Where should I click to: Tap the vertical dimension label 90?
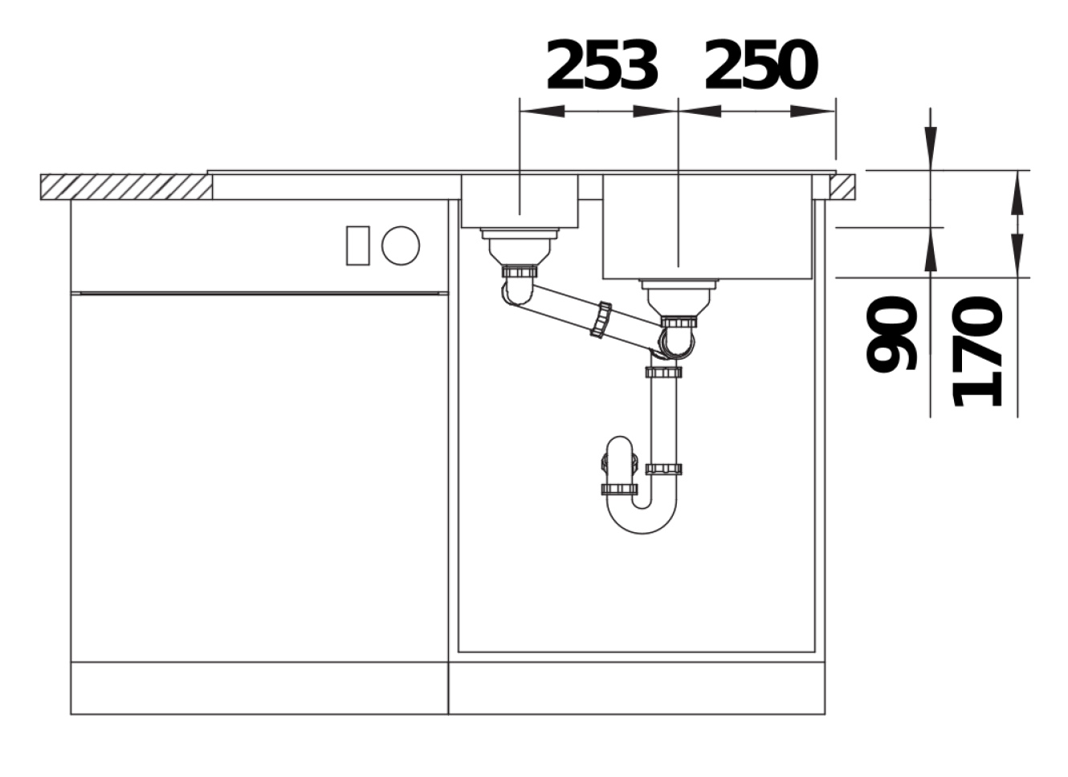[x=891, y=334]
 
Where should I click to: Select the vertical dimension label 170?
[x=977, y=352]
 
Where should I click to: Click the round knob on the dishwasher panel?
[x=401, y=246]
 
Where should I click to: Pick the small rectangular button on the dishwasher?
[x=357, y=246]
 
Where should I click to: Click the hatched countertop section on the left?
[x=126, y=187]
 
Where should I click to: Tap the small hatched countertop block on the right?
[x=842, y=187]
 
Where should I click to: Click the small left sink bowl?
[x=520, y=201]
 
